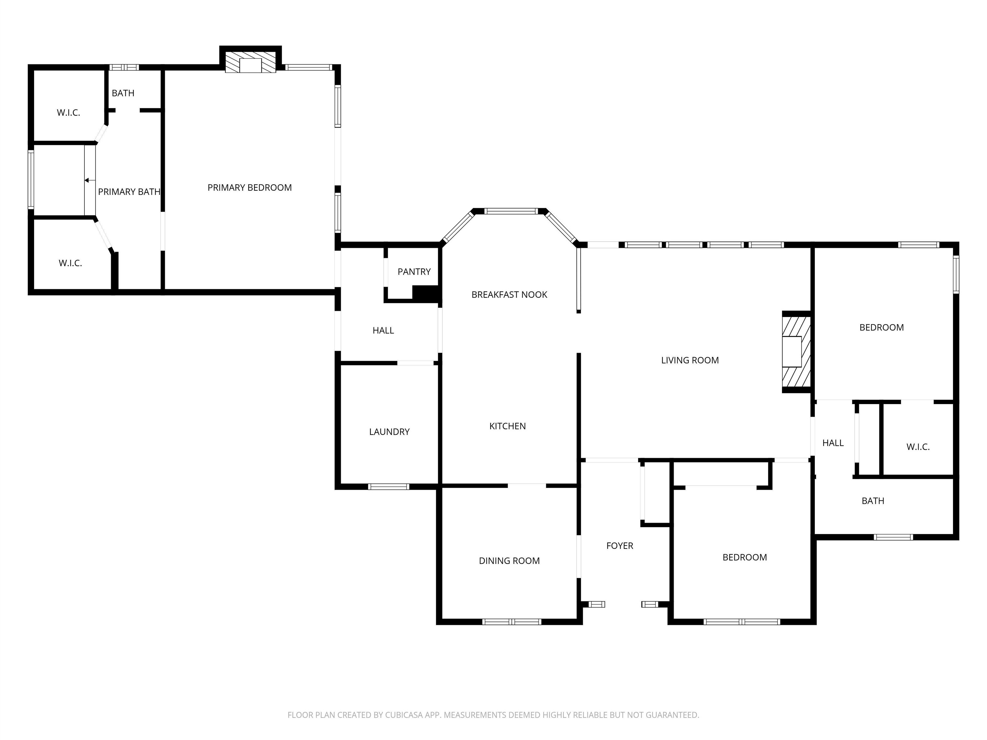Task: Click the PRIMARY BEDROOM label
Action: [x=249, y=188]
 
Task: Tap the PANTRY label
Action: [x=414, y=272]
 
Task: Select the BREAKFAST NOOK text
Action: [x=509, y=295]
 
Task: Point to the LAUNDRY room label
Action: [x=389, y=432]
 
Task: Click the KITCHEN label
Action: [x=507, y=426]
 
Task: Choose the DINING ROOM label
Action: [x=509, y=561]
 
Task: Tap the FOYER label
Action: [x=620, y=545]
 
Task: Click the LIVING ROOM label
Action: [x=690, y=360]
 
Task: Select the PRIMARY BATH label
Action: [x=129, y=192]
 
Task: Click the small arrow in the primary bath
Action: [x=90, y=180]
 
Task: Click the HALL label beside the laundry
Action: [x=383, y=330]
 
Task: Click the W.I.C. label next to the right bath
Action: [x=918, y=447]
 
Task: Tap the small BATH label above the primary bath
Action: [x=123, y=93]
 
